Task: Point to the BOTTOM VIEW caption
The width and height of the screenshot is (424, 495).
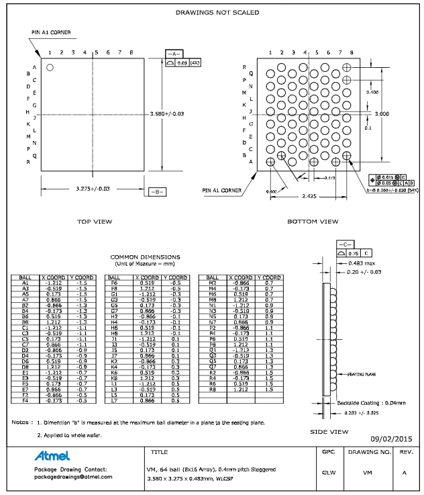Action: [x=313, y=221]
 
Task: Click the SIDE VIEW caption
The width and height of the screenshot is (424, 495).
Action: [x=329, y=432]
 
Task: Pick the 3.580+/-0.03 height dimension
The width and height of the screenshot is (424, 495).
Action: [x=168, y=114]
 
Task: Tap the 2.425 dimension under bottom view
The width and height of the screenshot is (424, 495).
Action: [x=308, y=196]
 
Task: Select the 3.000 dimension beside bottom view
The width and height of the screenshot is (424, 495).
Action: [x=382, y=114]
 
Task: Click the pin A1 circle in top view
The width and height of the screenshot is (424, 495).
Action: [x=50, y=67]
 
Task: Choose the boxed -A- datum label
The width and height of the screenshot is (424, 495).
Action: [x=173, y=53]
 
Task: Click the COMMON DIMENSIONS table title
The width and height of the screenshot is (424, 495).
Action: [x=145, y=257]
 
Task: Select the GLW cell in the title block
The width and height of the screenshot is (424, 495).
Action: [x=328, y=473]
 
